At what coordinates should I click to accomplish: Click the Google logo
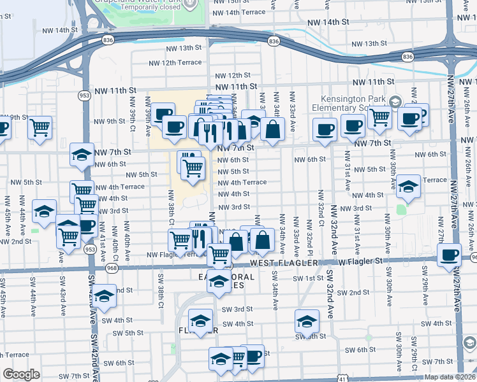click(x=22, y=374)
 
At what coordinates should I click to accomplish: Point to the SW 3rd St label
click(x=237, y=309)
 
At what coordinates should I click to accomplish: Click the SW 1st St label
click(x=309, y=279)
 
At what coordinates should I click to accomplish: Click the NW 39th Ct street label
click(x=133, y=117)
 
